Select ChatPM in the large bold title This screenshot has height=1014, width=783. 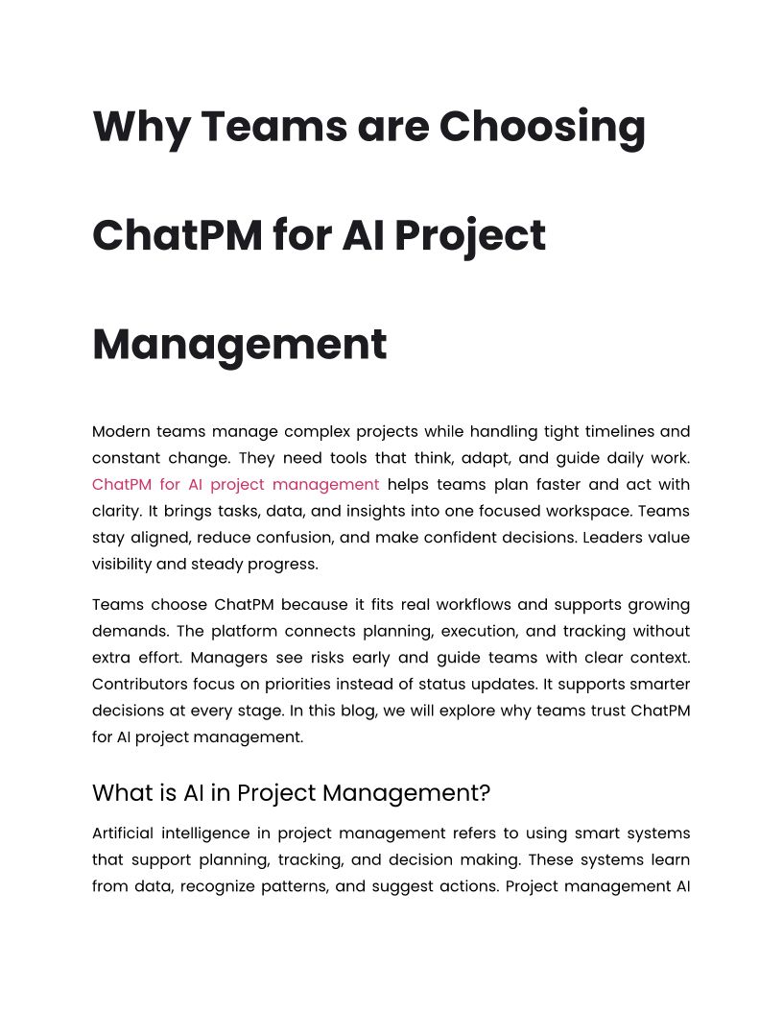tap(177, 235)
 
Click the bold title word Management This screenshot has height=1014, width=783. tap(239, 344)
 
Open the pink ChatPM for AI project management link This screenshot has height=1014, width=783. tap(235, 484)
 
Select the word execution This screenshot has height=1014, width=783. tap(457, 632)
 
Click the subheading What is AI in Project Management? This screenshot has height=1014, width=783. tap(291, 793)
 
